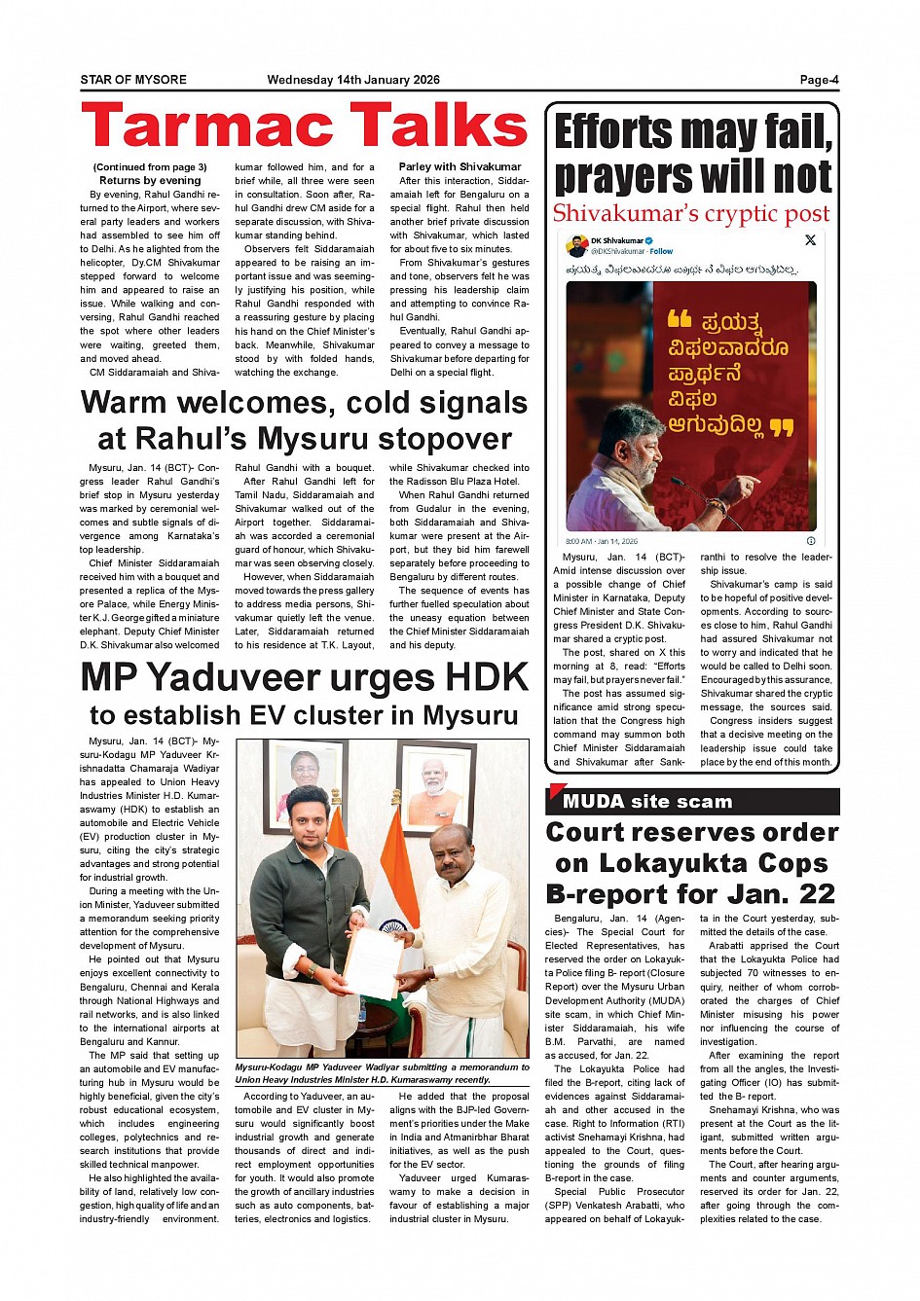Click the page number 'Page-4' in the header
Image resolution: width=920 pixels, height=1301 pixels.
[x=819, y=80]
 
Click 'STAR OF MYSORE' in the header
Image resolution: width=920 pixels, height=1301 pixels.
[x=133, y=80]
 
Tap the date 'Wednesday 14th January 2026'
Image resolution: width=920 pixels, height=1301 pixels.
[x=353, y=80]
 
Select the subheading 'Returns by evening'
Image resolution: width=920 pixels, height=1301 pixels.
[x=150, y=180]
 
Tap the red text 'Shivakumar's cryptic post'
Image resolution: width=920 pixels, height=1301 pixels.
[x=691, y=214]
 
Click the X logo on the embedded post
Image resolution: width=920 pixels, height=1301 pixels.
[x=810, y=240]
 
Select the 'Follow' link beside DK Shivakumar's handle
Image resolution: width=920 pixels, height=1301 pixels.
[x=661, y=251]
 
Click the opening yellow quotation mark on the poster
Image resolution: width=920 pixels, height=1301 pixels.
[x=680, y=319]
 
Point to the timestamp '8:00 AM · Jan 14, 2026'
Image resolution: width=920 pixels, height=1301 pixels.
[x=602, y=541]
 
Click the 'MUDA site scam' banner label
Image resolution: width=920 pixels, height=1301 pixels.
[x=647, y=802]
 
